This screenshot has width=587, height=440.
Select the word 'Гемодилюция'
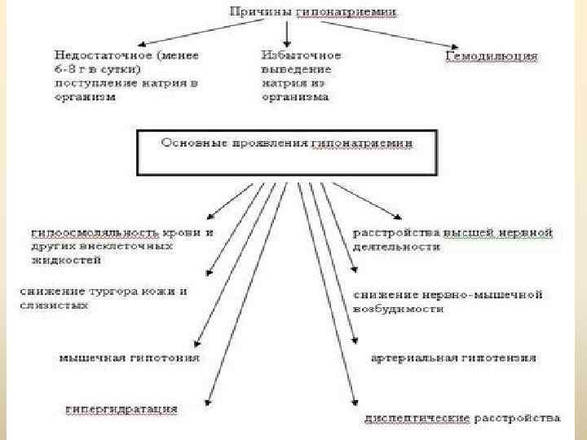click(492, 56)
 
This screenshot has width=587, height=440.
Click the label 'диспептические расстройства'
click(461, 418)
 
